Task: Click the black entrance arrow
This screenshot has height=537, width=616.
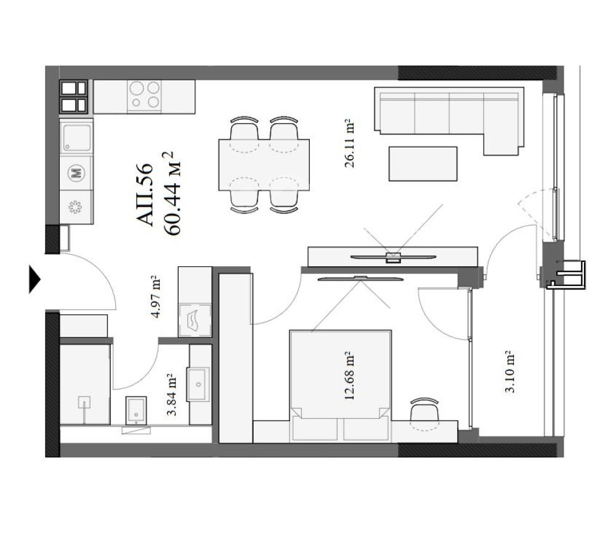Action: click(x=34, y=279)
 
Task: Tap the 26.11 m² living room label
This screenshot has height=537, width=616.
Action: click(x=349, y=144)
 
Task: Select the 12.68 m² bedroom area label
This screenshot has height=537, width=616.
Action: click(x=349, y=376)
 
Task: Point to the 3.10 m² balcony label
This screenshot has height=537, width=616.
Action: click(x=509, y=372)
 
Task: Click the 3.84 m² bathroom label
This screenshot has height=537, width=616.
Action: click(x=172, y=395)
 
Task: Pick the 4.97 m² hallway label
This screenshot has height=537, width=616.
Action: click(x=155, y=297)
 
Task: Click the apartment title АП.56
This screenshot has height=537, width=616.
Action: click(x=144, y=195)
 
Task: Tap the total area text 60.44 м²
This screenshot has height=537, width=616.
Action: click(x=172, y=193)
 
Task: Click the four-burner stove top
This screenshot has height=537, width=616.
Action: click(x=144, y=95)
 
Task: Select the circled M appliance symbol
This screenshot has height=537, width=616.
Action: click(x=76, y=173)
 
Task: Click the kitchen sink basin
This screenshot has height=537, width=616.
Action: click(x=76, y=137)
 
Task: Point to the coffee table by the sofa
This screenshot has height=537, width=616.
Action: click(x=423, y=164)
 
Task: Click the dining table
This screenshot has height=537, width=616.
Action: click(x=264, y=165)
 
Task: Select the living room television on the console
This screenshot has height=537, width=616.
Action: click(x=393, y=257)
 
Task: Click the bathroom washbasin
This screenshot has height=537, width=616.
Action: click(x=198, y=385)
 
